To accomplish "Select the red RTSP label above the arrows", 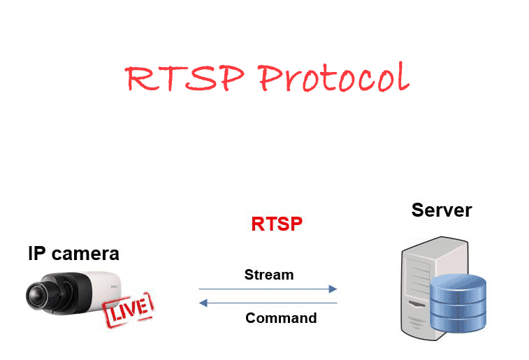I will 277,224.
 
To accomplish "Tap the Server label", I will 441,210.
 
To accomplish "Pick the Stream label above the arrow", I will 269,275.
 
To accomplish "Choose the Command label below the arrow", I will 281,318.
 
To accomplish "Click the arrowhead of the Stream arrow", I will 333,289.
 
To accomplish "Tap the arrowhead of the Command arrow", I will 203,303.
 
